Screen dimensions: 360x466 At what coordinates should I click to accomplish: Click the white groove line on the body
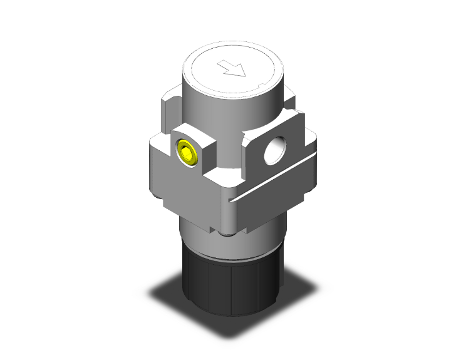pyautogui.click(x=276, y=184)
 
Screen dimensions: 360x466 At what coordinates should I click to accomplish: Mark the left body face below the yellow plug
pyautogui.click(x=182, y=188)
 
